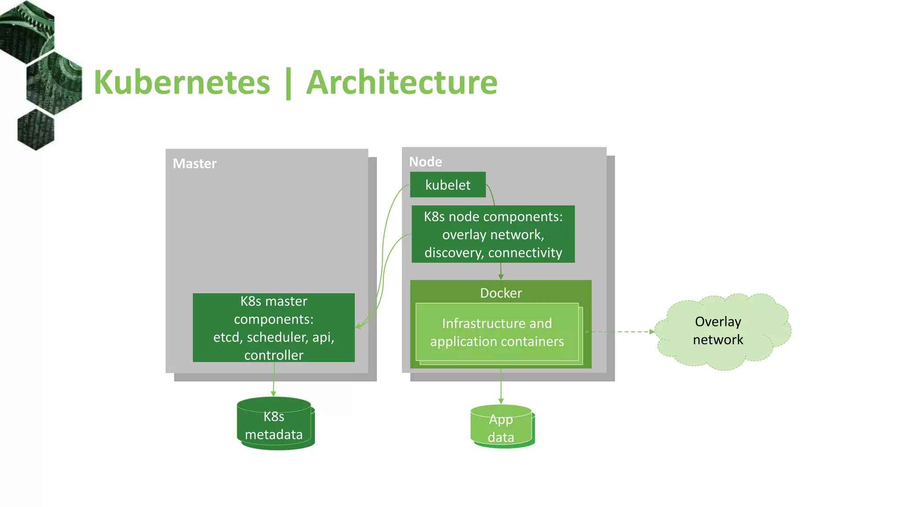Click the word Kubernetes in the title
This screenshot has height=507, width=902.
pyautogui.click(x=181, y=83)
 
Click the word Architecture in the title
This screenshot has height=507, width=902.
pyautogui.click(x=402, y=83)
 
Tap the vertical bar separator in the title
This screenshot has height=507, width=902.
pyautogui.click(x=288, y=84)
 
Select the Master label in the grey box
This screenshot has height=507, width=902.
pyautogui.click(x=194, y=164)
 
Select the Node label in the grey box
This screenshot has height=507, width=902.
pyautogui.click(x=425, y=162)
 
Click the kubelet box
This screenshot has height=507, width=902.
pyautogui.click(x=447, y=185)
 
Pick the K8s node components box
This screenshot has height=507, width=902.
pyautogui.click(x=493, y=234)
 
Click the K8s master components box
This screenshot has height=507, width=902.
pyautogui.click(x=274, y=328)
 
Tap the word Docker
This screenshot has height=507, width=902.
pyautogui.click(x=501, y=293)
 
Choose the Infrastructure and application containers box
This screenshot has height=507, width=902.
pyautogui.click(x=497, y=332)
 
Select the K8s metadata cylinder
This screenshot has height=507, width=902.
pyautogui.click(x=274, y=425)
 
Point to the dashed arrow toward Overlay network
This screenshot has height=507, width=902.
pyautogui.click(x=621, y=332)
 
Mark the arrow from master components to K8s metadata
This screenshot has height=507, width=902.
pyautogui.click(x=274, y=378)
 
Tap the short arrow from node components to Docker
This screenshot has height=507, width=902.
pyautogui.click(x=501, y=271)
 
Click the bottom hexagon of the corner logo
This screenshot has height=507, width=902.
pyautogui.click(x=36, y=130)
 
